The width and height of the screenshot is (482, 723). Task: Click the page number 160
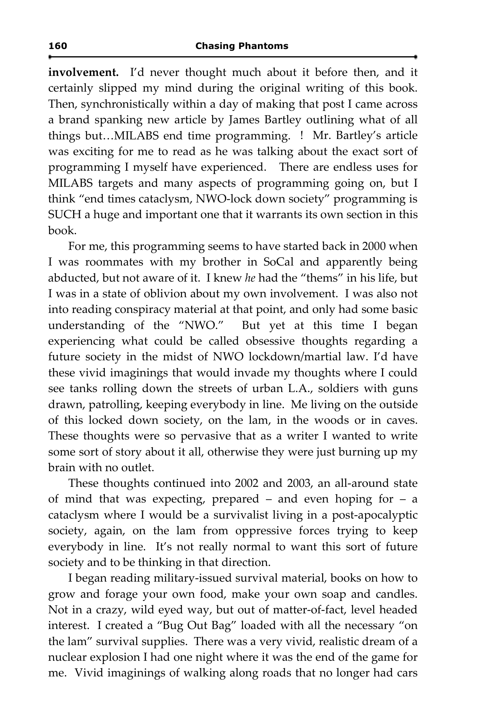point(57,46)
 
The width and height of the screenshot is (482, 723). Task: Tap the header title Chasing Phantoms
point(241,46)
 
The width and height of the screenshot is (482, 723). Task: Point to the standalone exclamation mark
point(301,136)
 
